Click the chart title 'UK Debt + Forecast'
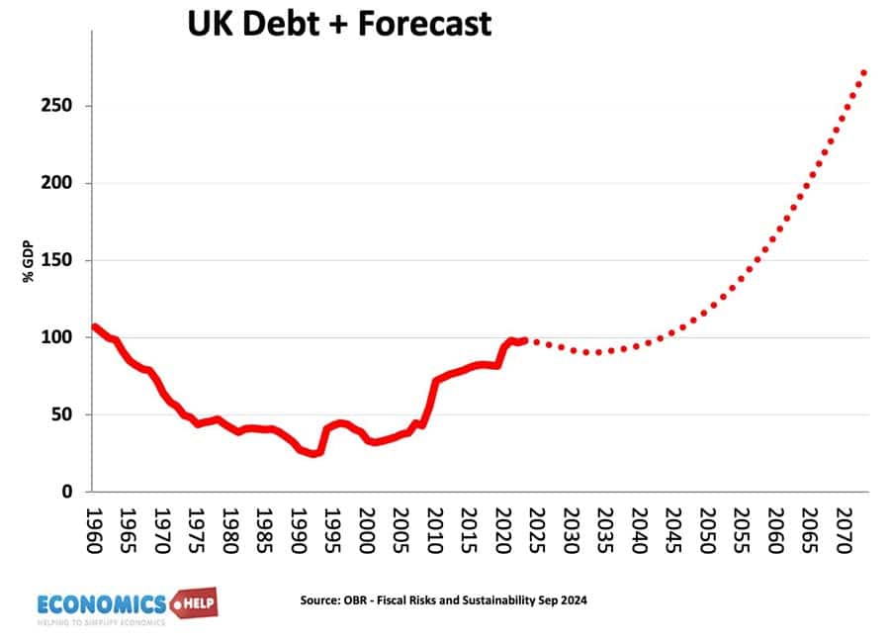pyautogui.click(x=339, y=22)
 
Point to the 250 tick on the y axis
pyautogui.click(x=62, y=106)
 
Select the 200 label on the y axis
pyautogui.click(x=62, y=183)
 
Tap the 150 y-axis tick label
pyautogui.click(x=62, y=260)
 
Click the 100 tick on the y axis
pyautogui.click(x=62, y=337)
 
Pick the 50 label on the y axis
pyautogui.click(x=66, y=414)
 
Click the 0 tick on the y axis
pyautogui.click(x=71, y=492)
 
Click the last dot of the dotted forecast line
pyautogui.click(x=863, y=72)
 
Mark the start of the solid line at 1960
pyautogui.click(x=95, y=326)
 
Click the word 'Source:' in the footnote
pyautogui.click(x=319, y=600)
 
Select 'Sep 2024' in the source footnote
pyautogui.click(x=566, y=600)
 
